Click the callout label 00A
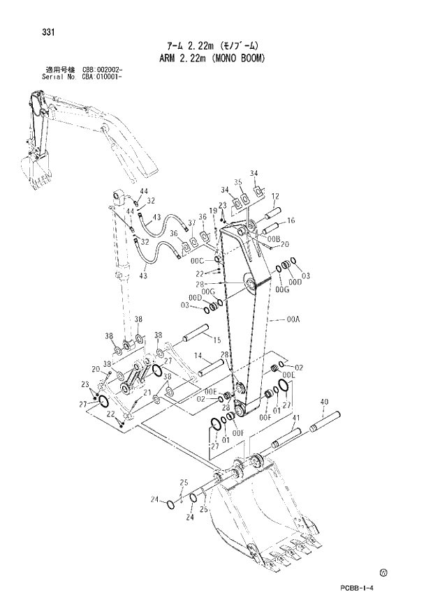293,321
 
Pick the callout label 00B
272,238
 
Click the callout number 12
275,196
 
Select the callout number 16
291,220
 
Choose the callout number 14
198,355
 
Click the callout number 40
324,402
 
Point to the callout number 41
297,417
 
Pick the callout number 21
147,393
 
